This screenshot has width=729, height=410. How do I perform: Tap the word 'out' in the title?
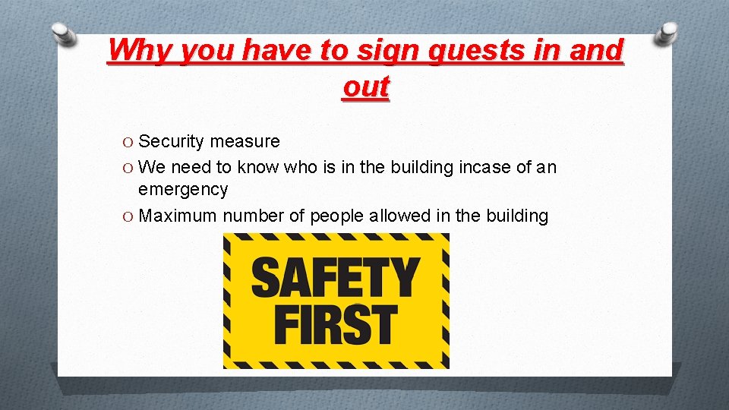click(365, 87)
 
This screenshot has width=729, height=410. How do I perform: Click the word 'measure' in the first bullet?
click(245, 141)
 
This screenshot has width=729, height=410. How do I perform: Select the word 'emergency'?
click(182, 189)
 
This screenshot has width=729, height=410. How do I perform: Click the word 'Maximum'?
click(178, 216)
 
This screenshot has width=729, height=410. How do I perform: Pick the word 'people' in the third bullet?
click(336, 216)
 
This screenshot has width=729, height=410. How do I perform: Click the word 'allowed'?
click(400, 216)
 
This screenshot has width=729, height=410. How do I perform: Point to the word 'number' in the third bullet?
click(253, 216)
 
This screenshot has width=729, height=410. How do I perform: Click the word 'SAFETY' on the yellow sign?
click(335, 277)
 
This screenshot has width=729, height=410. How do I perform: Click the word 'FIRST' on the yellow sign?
click(335, 324)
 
